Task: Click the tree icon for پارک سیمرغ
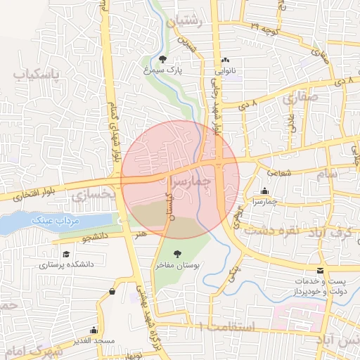tap(163, 60)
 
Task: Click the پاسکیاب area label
tap(34, 74)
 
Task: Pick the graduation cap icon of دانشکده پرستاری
tap(66, 254)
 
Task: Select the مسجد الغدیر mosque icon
tap(94, 330)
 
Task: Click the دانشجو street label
tap(95, 238)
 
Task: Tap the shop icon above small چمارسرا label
tap(264, 191)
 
